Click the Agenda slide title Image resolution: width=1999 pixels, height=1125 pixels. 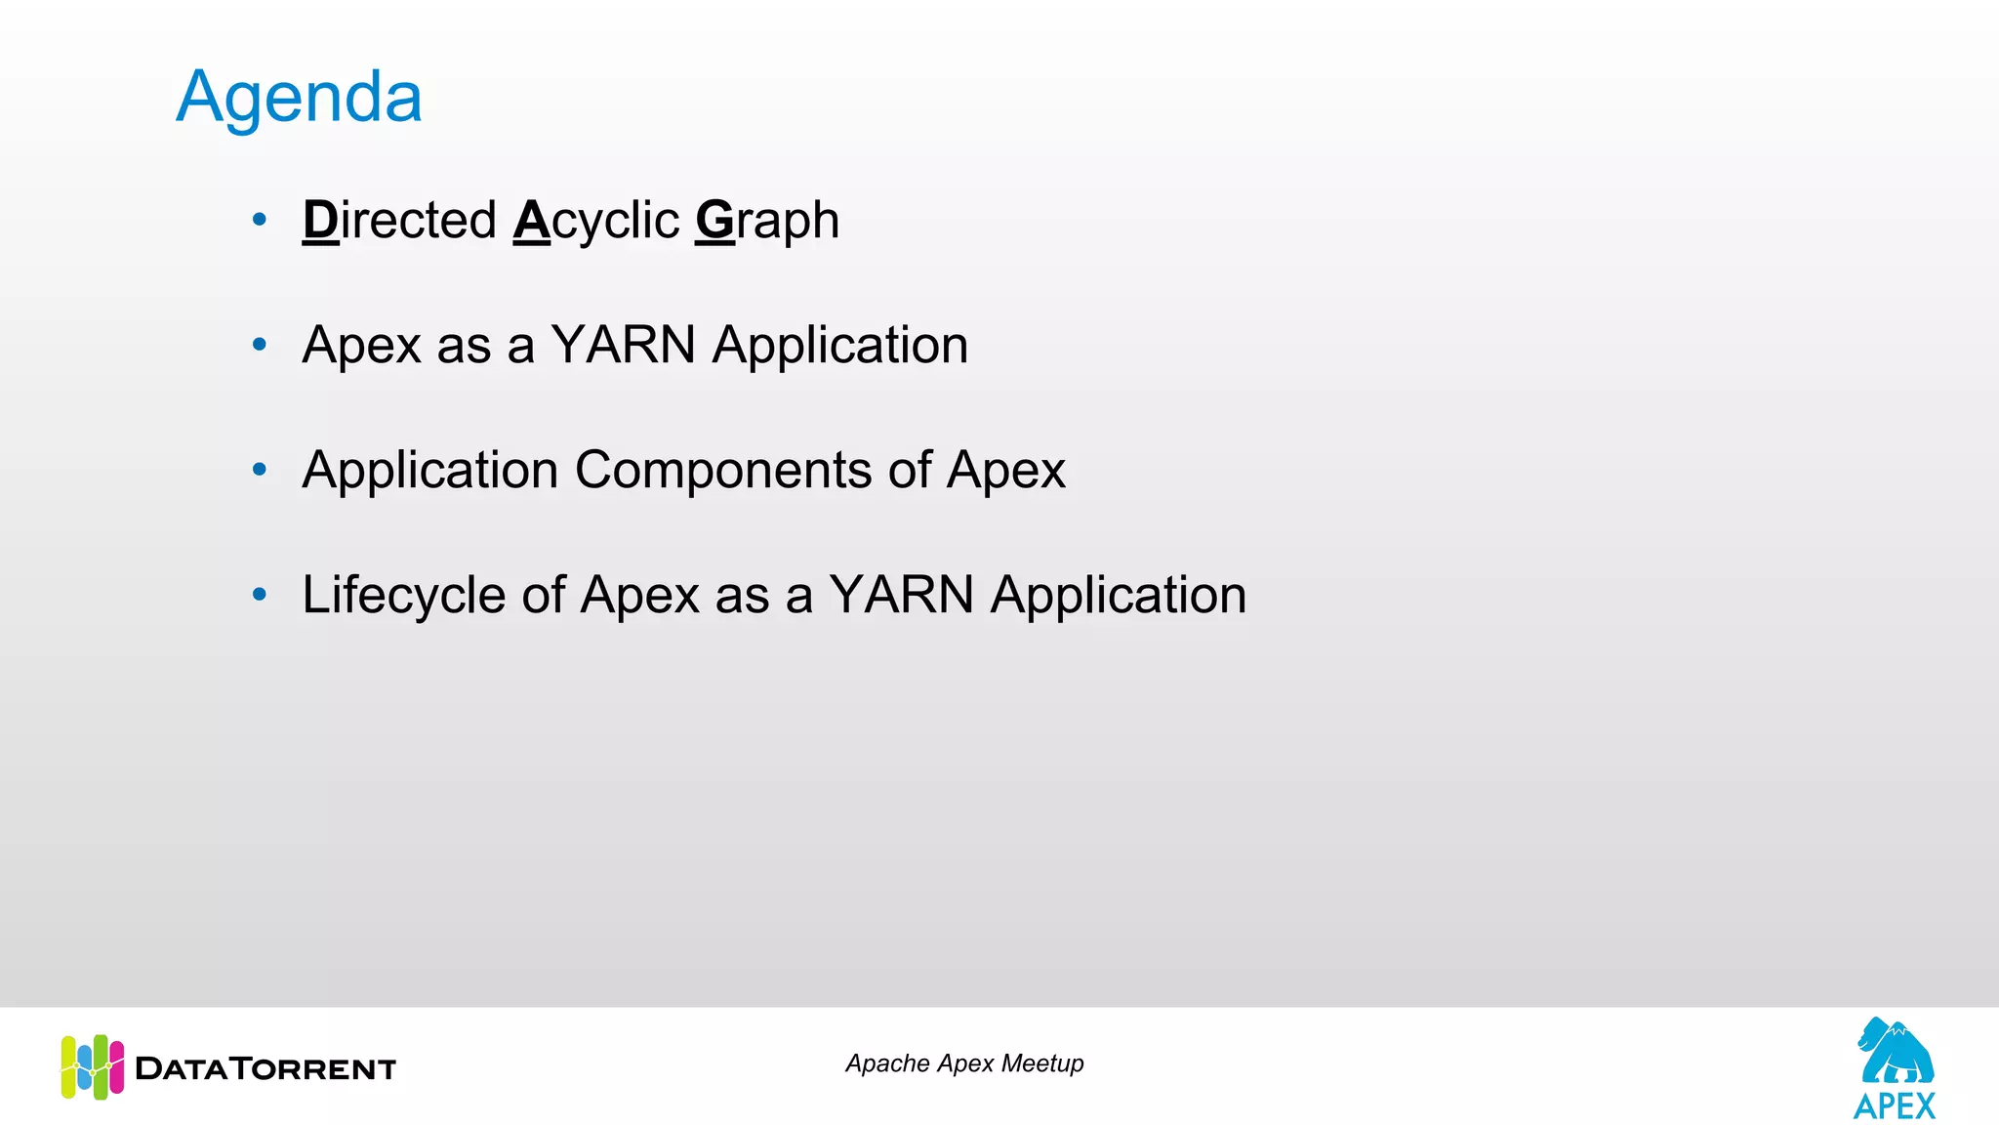tap(299, 98)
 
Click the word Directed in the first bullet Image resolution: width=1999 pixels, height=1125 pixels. tap(399, 220)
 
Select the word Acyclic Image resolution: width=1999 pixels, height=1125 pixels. tap(595, 220)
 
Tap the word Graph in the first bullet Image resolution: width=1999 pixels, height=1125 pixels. tap(767, 220)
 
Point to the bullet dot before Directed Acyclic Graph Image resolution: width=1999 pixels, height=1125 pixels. tap(259, 220)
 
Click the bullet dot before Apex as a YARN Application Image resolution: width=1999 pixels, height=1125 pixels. tap(259, 344)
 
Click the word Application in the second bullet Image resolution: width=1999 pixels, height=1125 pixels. tap(839, 345)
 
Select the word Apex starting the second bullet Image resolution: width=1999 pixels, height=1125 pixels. tap(361, 345)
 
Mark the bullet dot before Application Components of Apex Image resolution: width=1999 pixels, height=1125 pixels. tap(259, 470)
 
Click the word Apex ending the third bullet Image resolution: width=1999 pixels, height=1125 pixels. tap(1005, 470)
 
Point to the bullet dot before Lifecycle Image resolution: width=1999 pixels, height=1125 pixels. tap(259, 594)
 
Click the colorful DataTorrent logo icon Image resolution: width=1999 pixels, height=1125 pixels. tap(93, 1066)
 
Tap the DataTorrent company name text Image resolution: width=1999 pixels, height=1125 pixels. tap(265, 1068)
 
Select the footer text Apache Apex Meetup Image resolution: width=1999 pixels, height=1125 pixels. tap(964, 1063)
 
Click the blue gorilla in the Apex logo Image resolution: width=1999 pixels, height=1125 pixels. tap(1895, 1052)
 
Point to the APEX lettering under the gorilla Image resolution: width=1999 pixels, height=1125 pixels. tap(1895, 1106)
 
